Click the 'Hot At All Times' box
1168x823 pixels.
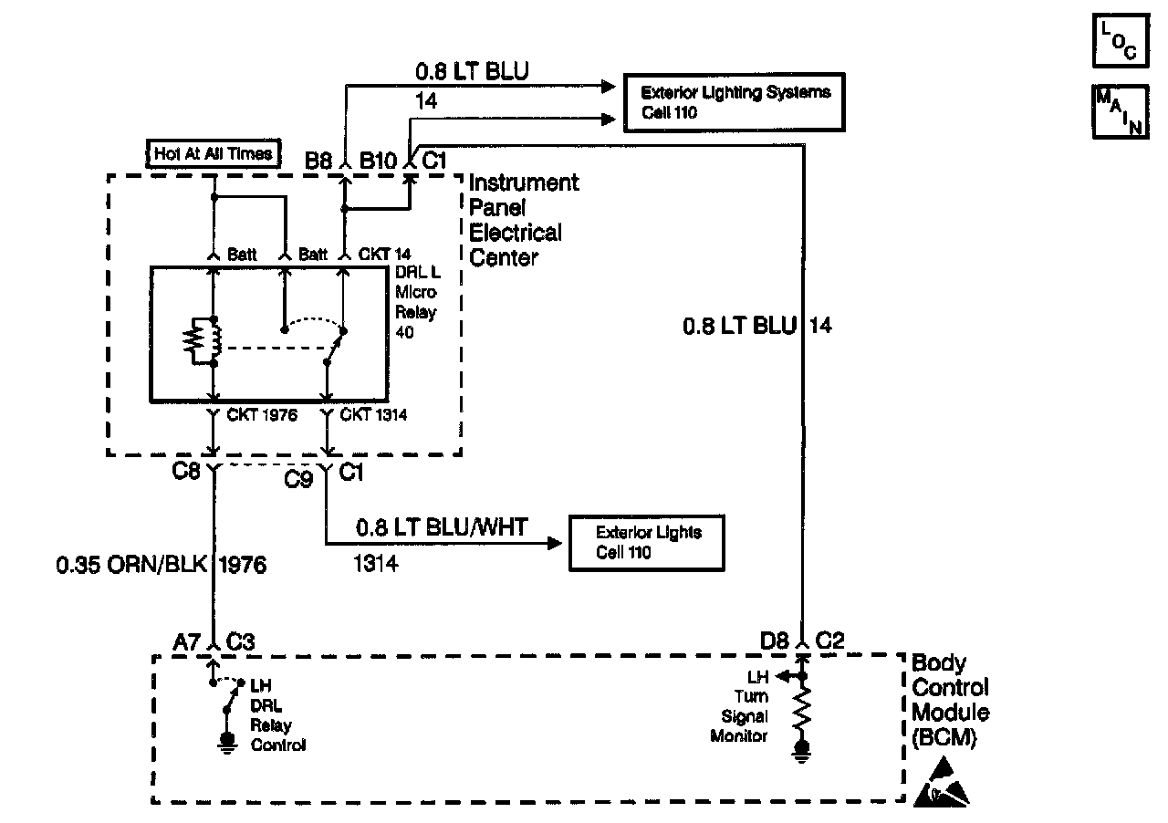tap(213, 153)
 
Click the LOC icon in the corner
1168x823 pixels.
tap(1118, 42)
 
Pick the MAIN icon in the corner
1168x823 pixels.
tap(1118, 111)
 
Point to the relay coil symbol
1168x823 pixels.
tap(203, 341)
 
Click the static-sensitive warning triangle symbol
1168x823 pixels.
tap(942, 787)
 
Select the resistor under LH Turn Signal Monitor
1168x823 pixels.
tap(803, 712)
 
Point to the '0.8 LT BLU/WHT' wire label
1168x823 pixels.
tap(442, 526)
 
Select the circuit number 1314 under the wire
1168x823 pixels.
tap(375, 564)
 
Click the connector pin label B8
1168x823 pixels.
tap(318, 161)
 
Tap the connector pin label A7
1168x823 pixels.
tap(188, 642)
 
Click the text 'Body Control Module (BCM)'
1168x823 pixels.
tap(950, 701)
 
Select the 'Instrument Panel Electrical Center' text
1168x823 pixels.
tap(524, 220)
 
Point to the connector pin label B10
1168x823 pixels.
tap(379, 161)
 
